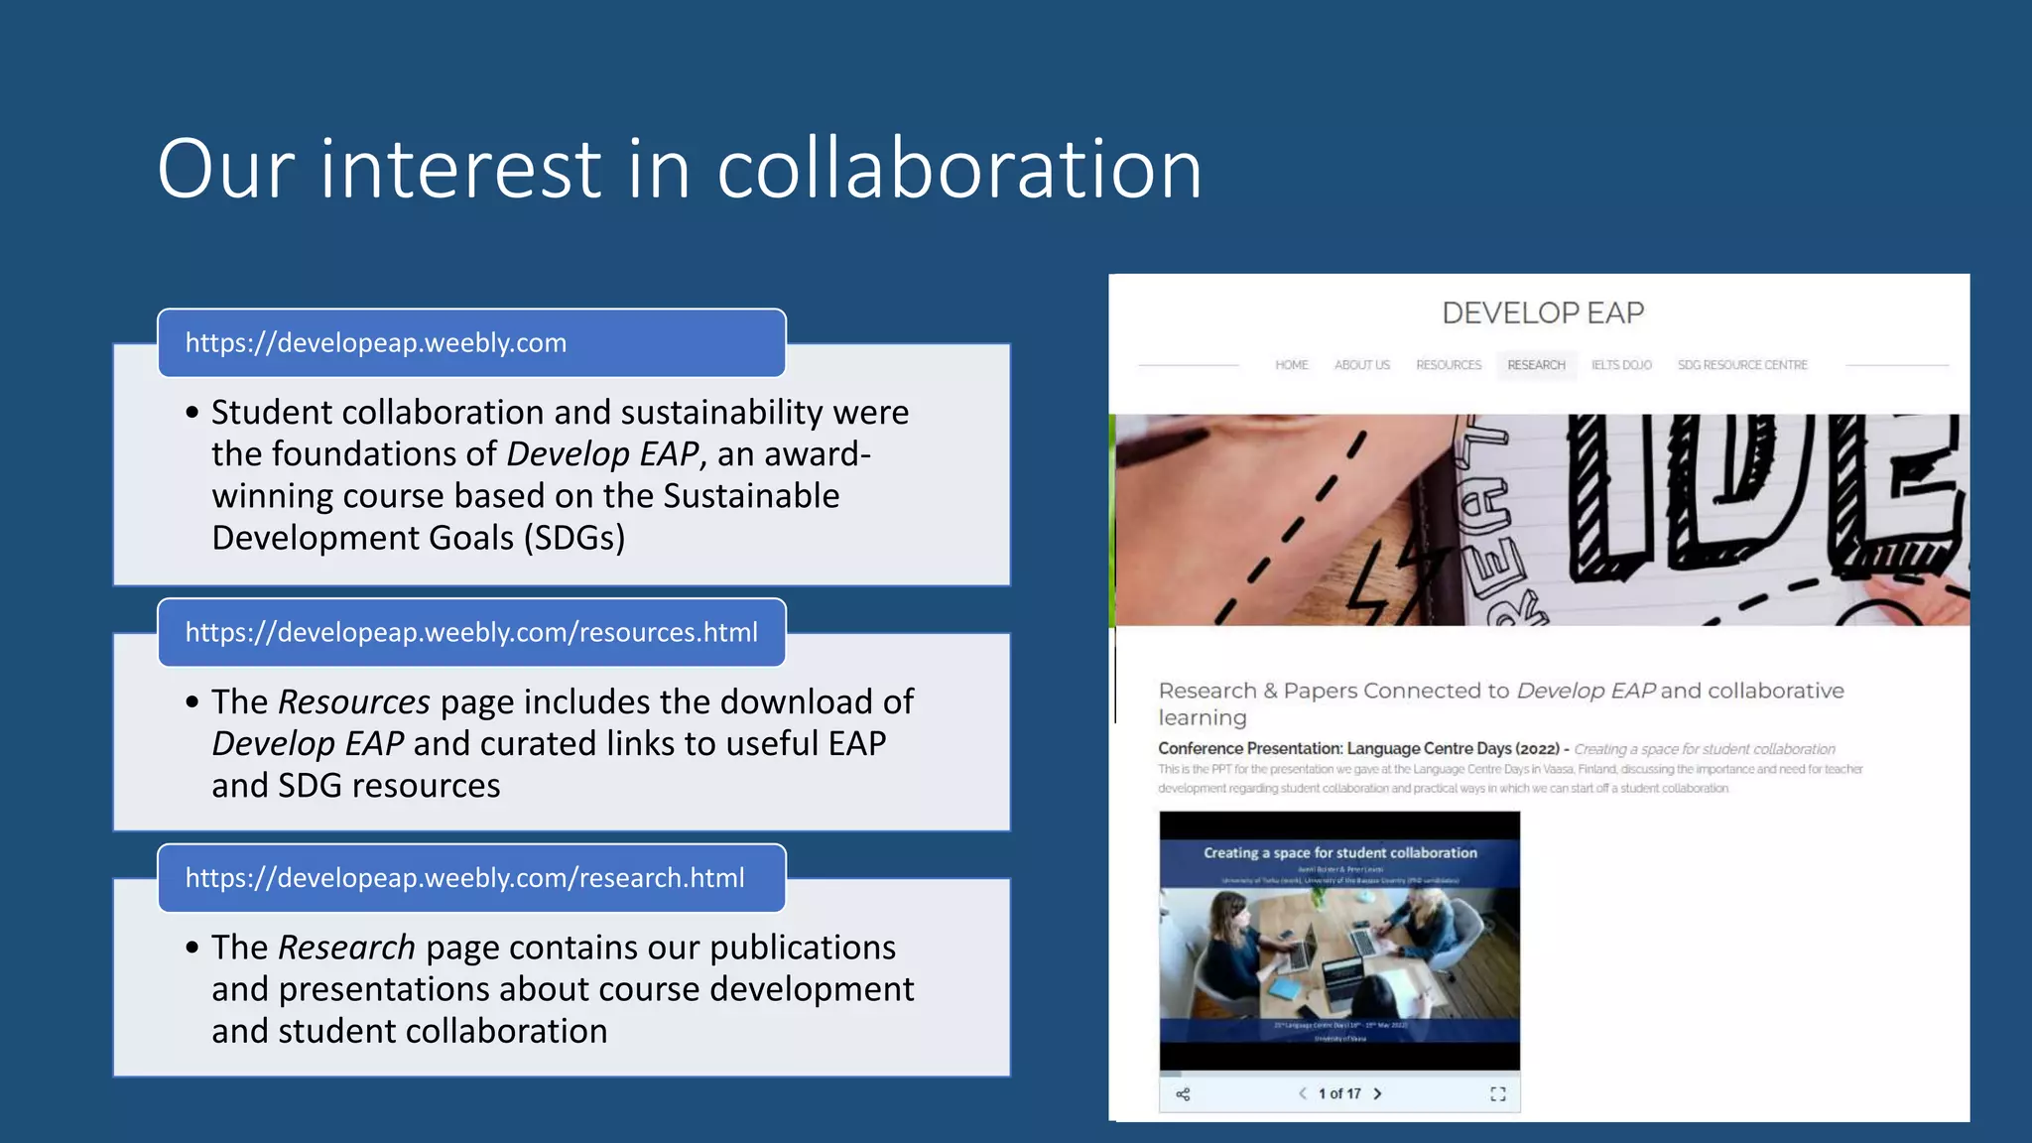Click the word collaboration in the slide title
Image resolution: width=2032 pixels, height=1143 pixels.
pos(959,169)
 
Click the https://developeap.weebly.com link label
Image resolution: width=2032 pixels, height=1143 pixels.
pos(376,343)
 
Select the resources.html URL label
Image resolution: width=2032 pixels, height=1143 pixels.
pos(471,633)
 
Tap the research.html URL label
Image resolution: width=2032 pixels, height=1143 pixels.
pos(464,878)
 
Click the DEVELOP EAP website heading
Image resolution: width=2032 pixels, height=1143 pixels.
pos(1543,314)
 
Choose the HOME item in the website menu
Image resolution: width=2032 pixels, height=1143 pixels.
pos(1292,365)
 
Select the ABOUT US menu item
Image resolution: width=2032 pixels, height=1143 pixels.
pos(1362,365)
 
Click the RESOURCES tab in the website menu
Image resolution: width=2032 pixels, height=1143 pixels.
pos(1449,365)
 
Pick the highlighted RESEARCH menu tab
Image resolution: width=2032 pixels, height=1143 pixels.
pos(1536,365)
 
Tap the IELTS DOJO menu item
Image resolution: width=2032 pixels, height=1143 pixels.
pos(1621,365)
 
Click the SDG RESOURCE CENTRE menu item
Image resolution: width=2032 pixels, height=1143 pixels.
pos(1742,365)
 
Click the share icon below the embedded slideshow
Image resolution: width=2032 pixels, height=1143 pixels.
pos(1183,1094)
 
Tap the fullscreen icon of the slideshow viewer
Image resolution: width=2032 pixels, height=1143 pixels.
pos(1498,1094)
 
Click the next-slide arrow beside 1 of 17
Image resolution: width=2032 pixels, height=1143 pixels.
pos(1378,1093)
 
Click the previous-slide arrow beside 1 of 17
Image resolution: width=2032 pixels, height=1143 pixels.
pos(1303,1093)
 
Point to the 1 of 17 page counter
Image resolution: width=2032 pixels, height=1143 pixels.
pos(1339,1093)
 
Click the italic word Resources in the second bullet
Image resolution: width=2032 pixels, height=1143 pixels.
pos(354,702)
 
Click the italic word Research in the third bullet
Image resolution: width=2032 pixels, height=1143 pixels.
pos(346,948)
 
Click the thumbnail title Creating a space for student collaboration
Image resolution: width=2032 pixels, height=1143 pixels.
pos(1340,853)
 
